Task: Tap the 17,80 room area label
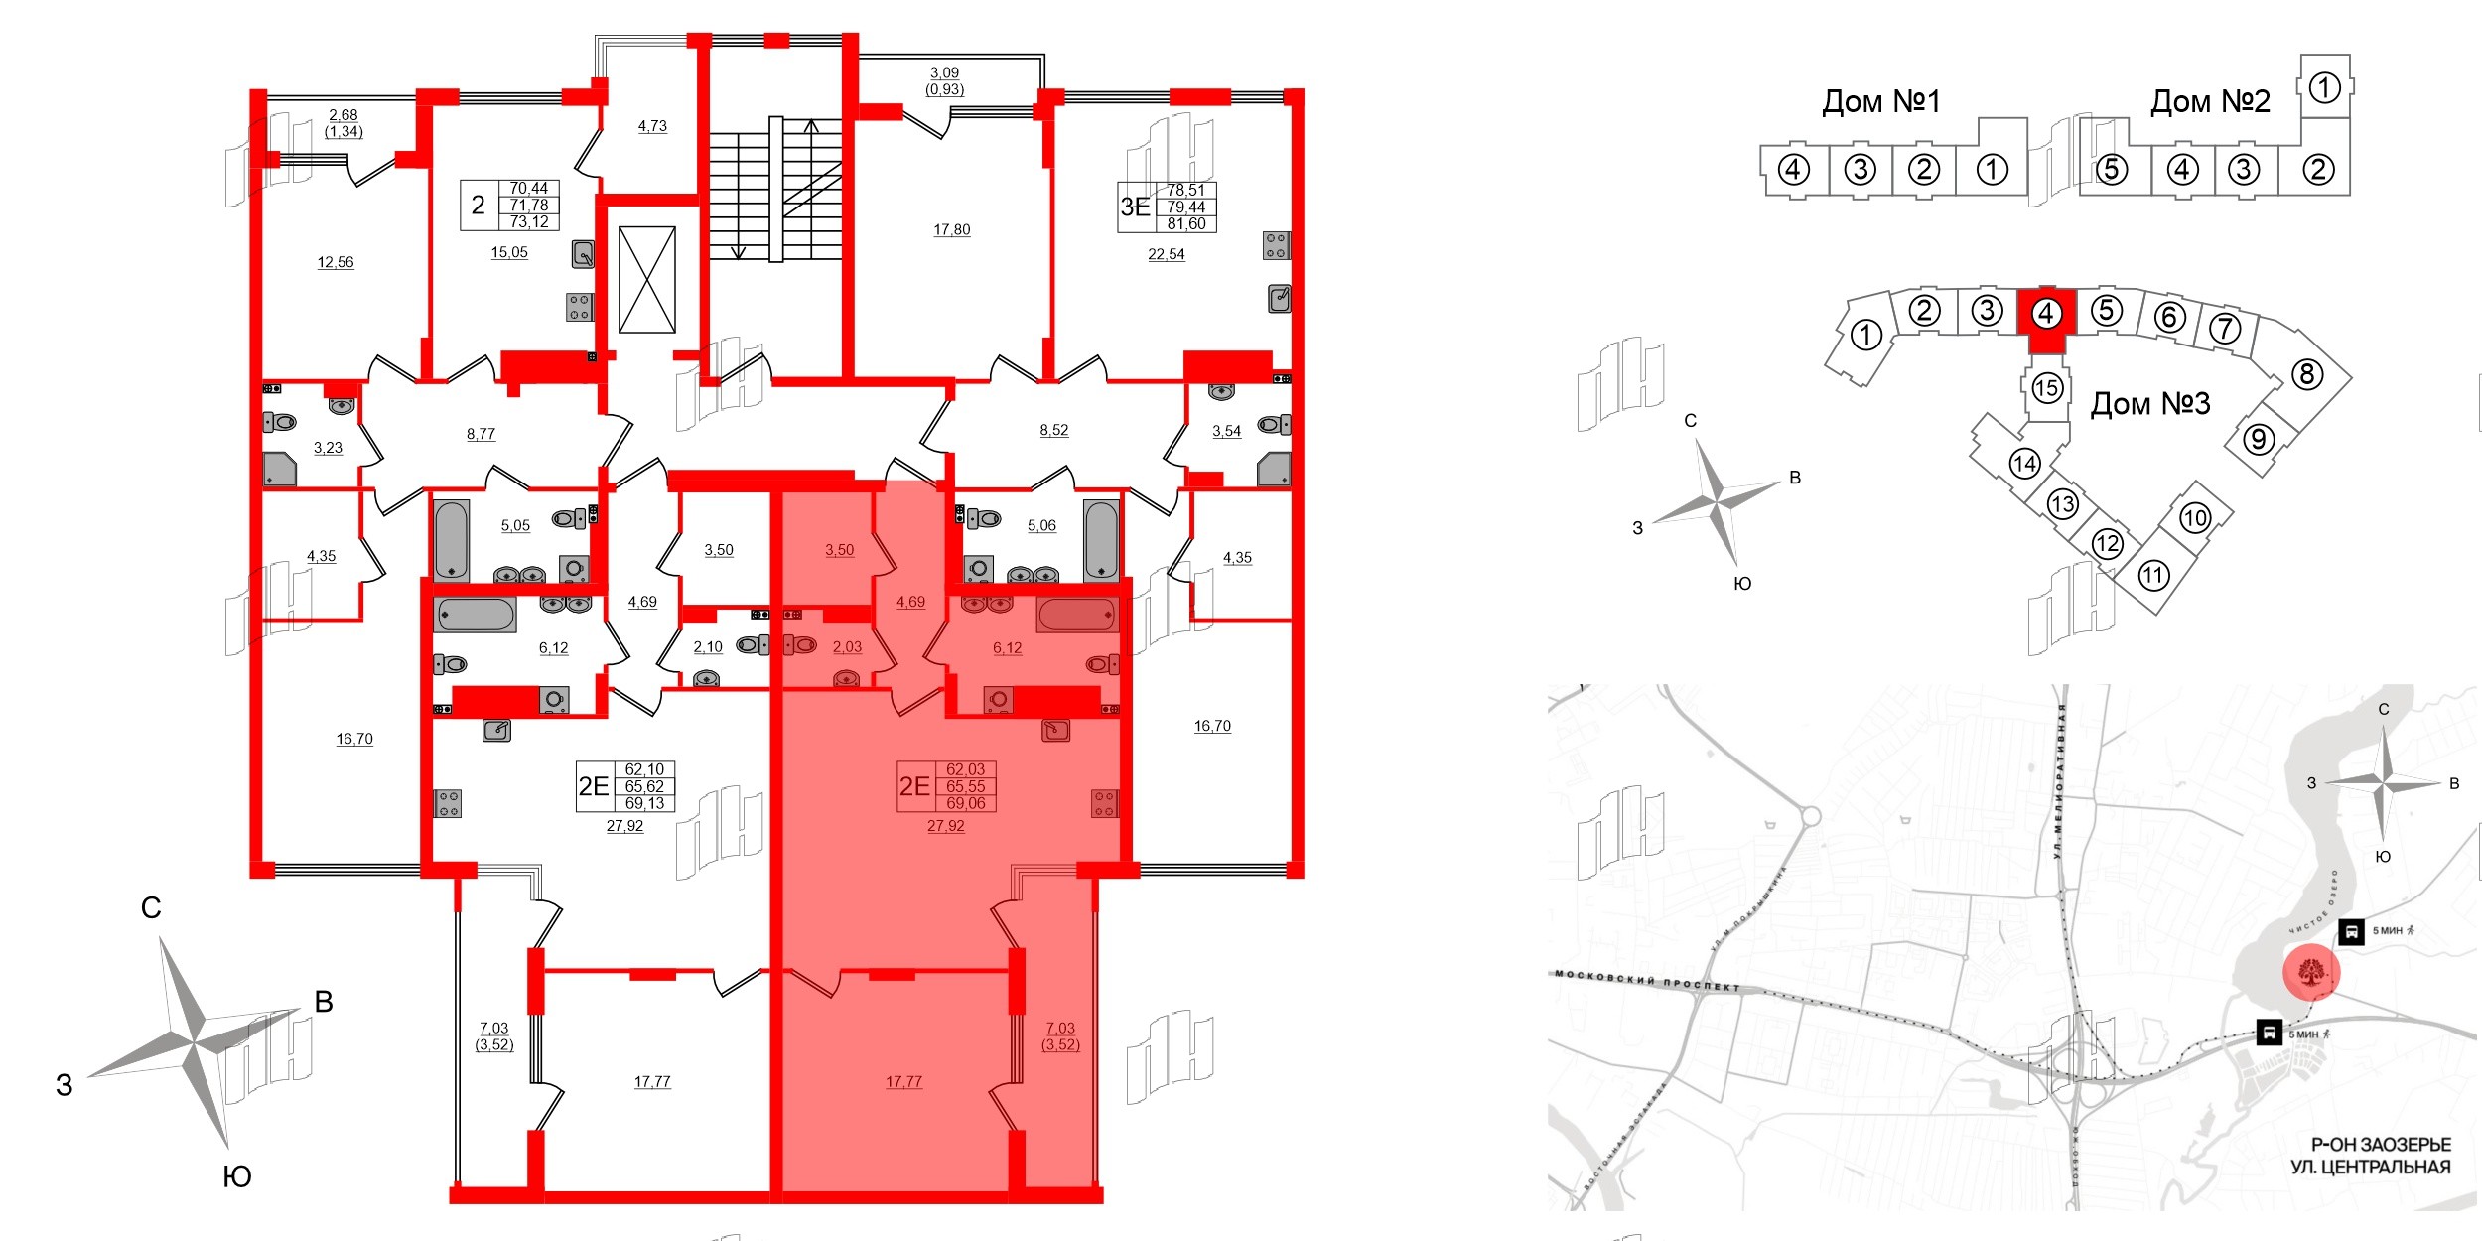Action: pyautogui.click(x=951, y=230)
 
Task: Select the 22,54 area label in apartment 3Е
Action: pyautogui.click(x=1166, y=254)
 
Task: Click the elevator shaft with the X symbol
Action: pyautogui.click(x=647, y=280)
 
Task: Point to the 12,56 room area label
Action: pyautogui.click(x=336, y=262)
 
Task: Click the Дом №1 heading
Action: pyautogui.click(x=1880, y=101)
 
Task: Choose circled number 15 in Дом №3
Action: pyautogui.click(x=2046, y=387)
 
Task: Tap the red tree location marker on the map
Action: pyautogui.click(x=2311, y=972)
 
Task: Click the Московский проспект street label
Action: pyautogui.click(x=1647, y=981)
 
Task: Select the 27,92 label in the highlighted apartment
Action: pyautogui.click(x=945, y=825)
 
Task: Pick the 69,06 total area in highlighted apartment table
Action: pyautogui.click(x=965, y=803)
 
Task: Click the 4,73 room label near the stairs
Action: pyautogui.click(x=652, y=126)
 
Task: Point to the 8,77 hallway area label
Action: pyautogui.click(x=481, y=434)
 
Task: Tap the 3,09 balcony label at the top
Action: pyautogui.click(x=944, y=72)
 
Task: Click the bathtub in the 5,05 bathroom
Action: pyautogui.click(x=452, y=539)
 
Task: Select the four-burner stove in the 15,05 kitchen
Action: pyautogui.click(x=580, y=307)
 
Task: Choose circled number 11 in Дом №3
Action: pyautogui.click(x=2152, y=575)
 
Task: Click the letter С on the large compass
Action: pyautogui.click(x=151, y=907)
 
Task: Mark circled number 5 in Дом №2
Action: pyautogui.click(x=2111, y=170)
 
